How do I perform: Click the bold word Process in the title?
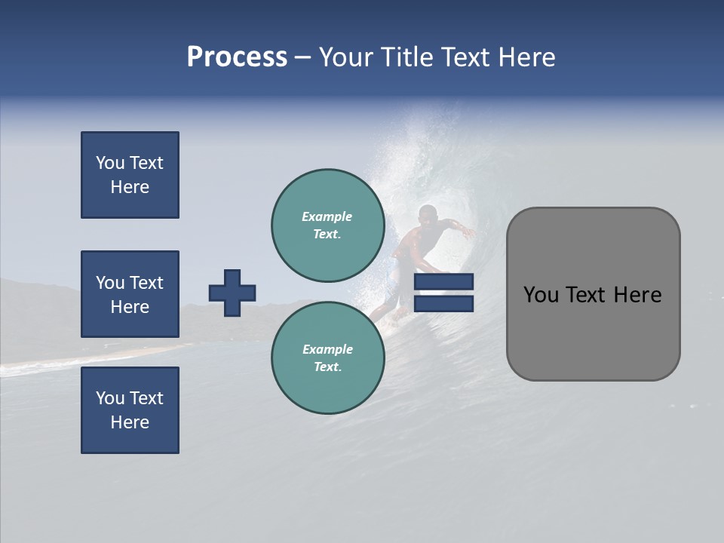(x=237, y=57)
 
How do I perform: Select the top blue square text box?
(x=130, y=175)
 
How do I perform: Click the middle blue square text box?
(x=130, y=294)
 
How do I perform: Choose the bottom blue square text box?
(x=130, y=410)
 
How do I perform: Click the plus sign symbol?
(x=232, y=293)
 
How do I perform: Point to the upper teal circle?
(x=327, y=225)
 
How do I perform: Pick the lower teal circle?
(x=327, y=357)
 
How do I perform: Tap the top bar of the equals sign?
(x=444, y=282)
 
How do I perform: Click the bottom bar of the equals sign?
(x=444, y=303)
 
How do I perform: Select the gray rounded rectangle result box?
(x=593, y=294)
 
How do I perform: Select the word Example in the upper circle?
(x=327, y=216)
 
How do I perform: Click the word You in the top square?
(x=109, y=163)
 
